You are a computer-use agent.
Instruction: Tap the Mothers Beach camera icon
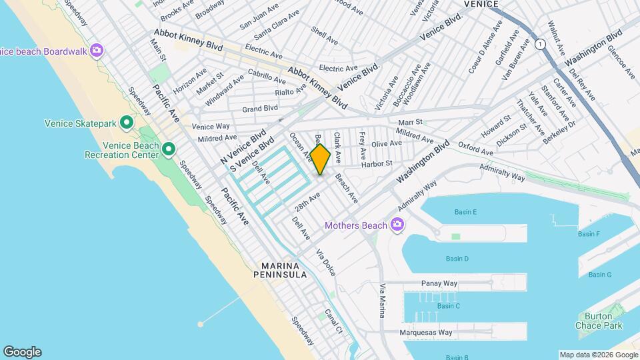click(x=398, y=225)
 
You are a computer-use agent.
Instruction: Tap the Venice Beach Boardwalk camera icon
click(x=97, y=51)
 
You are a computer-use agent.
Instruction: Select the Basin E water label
click(x=465, y=212)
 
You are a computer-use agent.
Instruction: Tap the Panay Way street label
click(x=439, y=283)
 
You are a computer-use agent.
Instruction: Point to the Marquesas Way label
click(x=426, y=332)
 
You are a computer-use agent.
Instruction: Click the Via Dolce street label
click(x=325, y=263)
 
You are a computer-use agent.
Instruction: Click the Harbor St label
click(x=376, y=164)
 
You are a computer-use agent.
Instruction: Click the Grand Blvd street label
click(x=259, y=108)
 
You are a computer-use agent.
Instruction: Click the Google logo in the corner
click(x=22, y=352)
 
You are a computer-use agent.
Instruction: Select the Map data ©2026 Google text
click(x=598, y=355)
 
